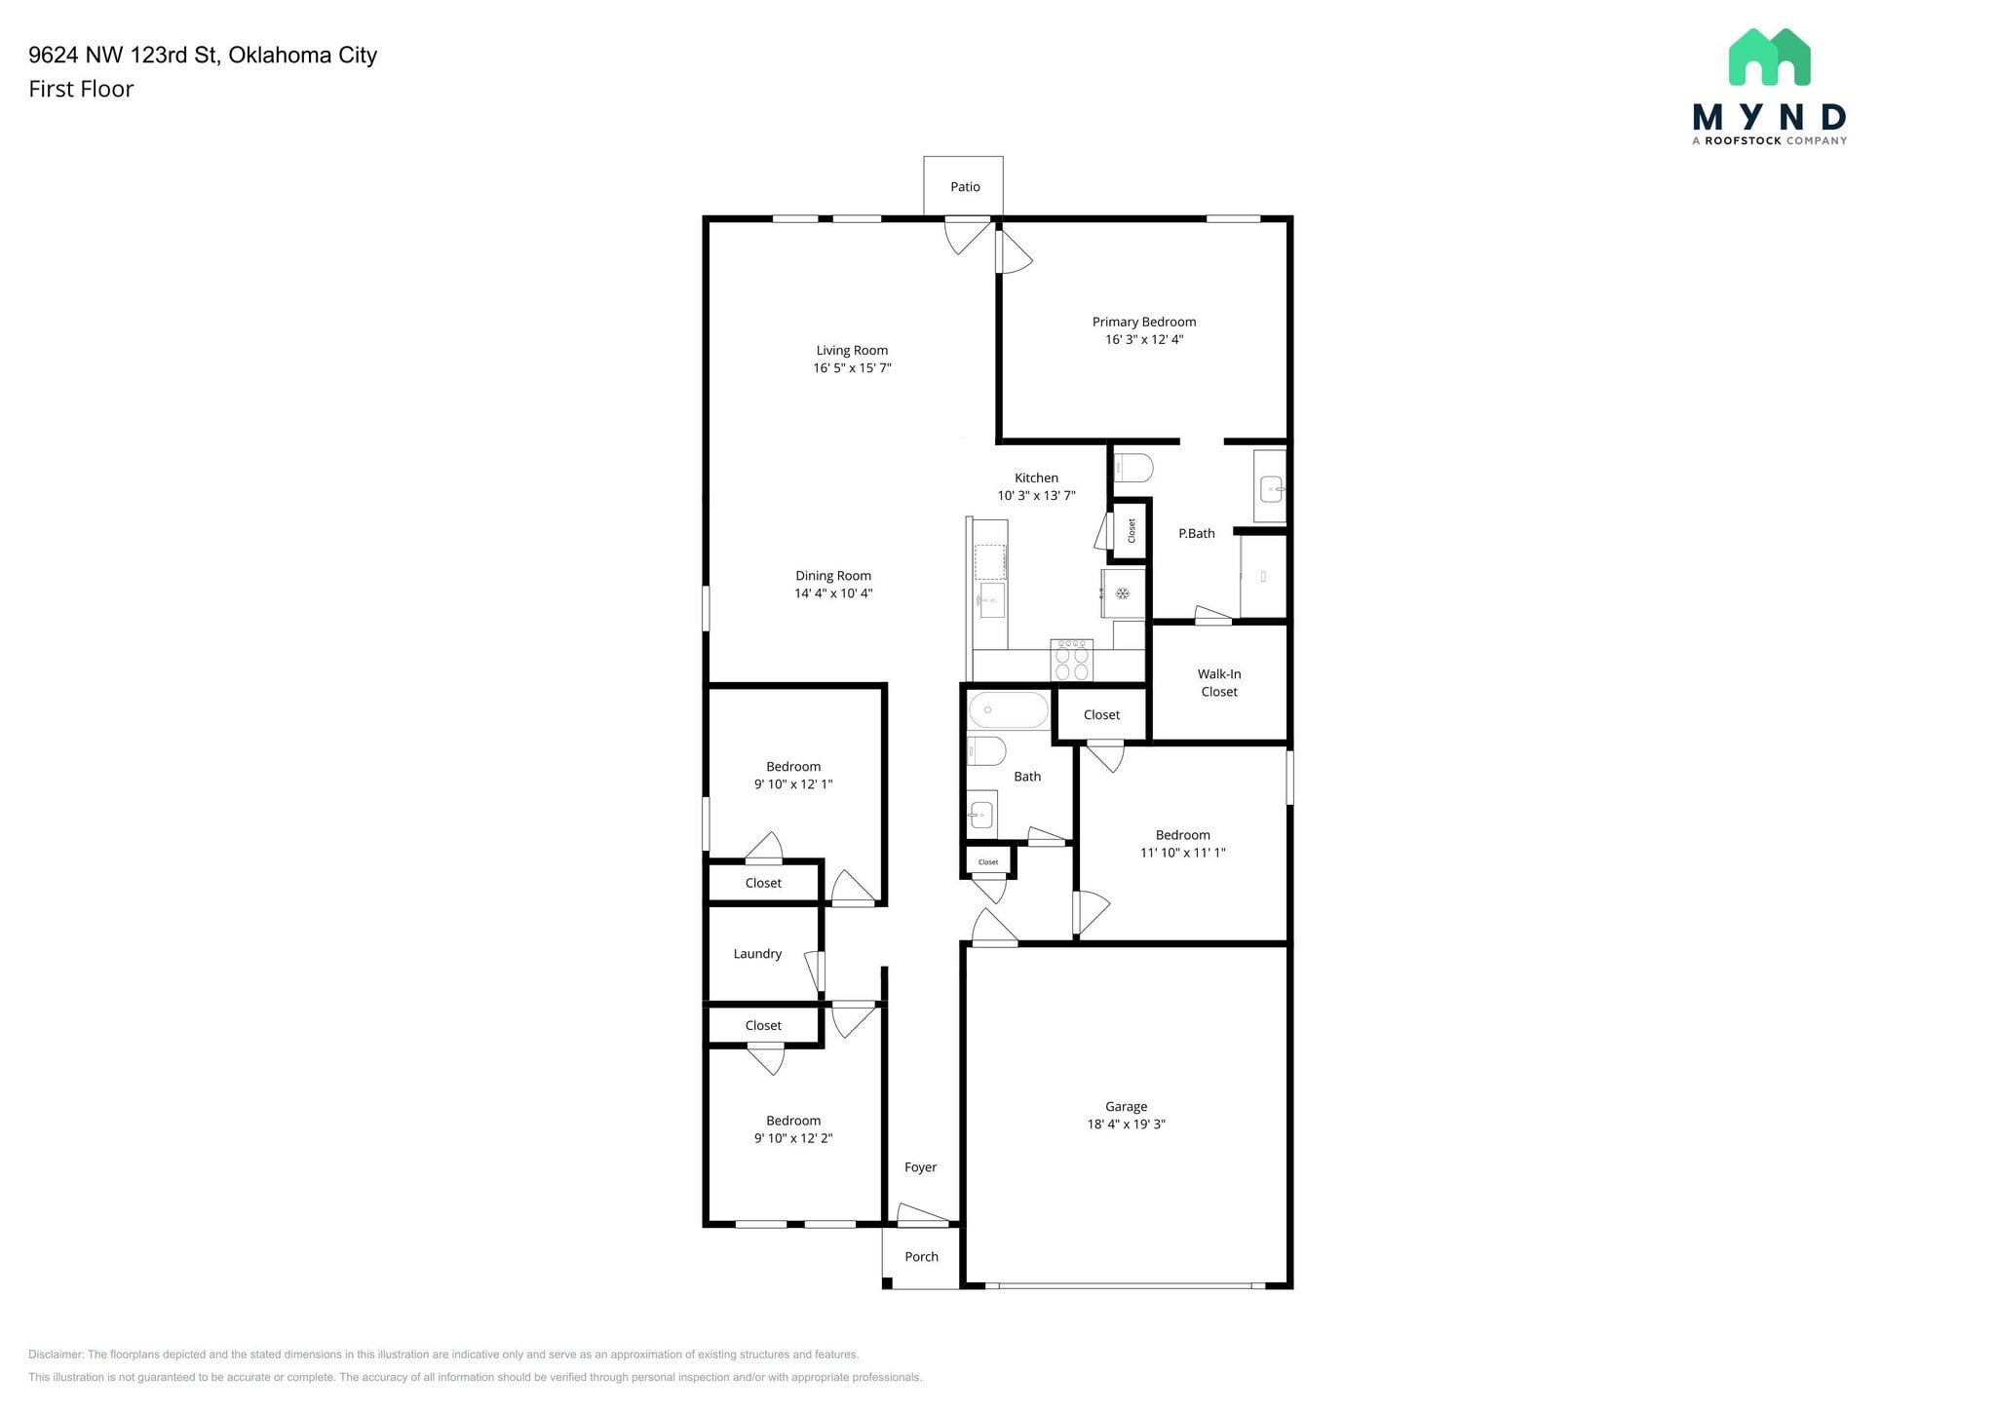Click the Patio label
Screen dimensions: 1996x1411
(965, 187)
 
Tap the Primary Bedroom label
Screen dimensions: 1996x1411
(1144, 322)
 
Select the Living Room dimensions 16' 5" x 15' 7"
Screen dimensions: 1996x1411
(853, 368)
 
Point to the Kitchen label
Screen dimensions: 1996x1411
(1036, 477)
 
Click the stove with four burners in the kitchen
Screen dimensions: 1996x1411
(1071, 660)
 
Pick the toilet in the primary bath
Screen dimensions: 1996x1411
(1132, 468)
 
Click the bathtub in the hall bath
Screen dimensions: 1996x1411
(1009, 709)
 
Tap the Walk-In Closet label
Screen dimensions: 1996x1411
(1219, 683)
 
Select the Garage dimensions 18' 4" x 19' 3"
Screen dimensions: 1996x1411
(1127, 1125)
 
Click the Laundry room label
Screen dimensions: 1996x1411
(757, 954)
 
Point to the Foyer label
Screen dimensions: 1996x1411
(920, 1167)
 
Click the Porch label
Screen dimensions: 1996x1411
(921, 1257)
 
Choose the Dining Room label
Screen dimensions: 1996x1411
(833, 576)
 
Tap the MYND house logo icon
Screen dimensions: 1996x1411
(1769, 57)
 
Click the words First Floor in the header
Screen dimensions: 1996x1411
(81, 89)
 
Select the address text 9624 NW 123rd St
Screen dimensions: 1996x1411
(123, 55)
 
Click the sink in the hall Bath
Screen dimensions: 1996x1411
(981, 814)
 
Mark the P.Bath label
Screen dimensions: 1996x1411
(1197, 533)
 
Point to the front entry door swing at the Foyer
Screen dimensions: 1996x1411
(922, 1214)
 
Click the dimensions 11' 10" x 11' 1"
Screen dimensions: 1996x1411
(1183, 853)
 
